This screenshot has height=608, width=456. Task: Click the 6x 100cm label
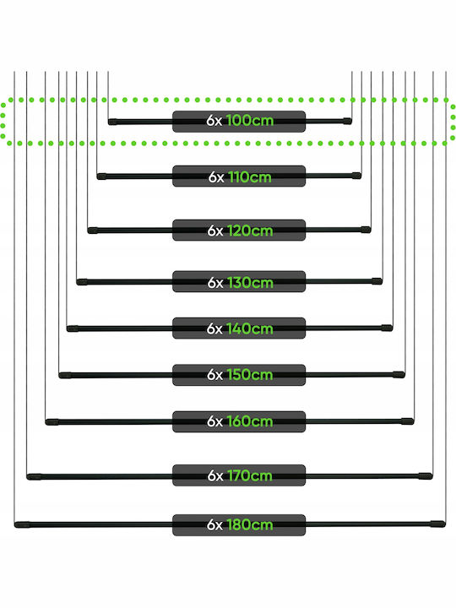[x=239, y=122]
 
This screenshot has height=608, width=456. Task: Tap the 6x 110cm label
[x=239, y=176]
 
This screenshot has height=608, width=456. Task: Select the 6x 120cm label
[x=239, y=230]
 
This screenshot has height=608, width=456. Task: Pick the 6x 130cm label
[x=239, y=281]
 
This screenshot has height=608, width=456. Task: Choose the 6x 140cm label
[x=239, y=328]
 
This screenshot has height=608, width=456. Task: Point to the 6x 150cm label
[x=239, y=375]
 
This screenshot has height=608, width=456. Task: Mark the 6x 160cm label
[x=239, y=421]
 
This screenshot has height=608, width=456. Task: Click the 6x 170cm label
[x=239, y=475]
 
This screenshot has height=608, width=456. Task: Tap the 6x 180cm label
[x=239, y=525]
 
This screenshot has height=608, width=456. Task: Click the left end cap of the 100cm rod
[x=112, y=122]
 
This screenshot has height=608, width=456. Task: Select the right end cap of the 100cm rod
[x=347, y=121]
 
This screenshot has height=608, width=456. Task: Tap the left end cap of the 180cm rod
[x=22, y=525]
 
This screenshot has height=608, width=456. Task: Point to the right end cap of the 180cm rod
[x=437, y=524]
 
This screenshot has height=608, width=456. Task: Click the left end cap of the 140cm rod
[x=73, y=328]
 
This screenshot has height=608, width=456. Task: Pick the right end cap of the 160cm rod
[x=408, y=421]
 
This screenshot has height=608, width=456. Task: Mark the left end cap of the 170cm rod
[x=34, y=476]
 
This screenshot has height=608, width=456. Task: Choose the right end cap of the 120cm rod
[x=366, y=230]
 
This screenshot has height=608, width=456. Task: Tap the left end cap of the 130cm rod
[x=82, y=282]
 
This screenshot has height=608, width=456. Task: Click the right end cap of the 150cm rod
[x=399, y=375]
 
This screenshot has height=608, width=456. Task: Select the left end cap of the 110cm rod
[x=101, y=176]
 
